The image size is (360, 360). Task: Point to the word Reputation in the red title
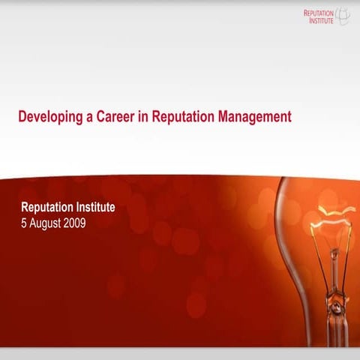coord(181,118)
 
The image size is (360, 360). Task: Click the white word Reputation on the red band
coord(49,206)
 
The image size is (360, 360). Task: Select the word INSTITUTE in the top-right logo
coord(320,21)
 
